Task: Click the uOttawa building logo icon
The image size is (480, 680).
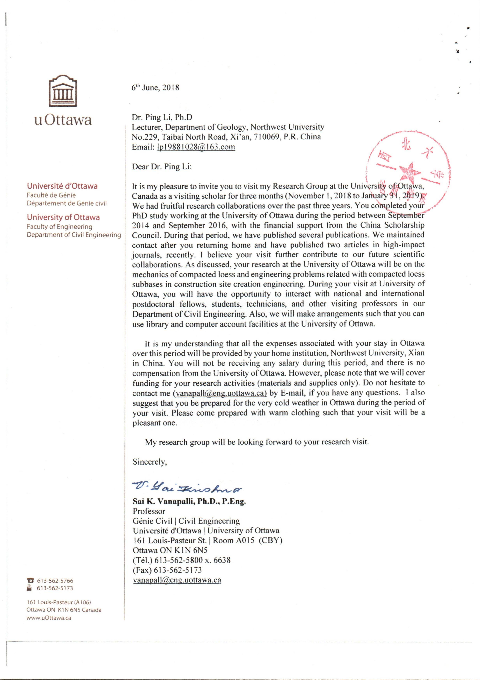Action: point(63,91)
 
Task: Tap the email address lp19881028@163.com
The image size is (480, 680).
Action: point(196,147)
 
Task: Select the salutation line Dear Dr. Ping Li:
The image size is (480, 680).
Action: point(161,167)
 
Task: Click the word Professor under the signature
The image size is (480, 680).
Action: point(149,511)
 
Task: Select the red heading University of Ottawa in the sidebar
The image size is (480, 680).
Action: point(63,217)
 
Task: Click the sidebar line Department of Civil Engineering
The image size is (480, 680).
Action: point(74,235)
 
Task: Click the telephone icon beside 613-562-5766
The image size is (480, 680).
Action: point(30,581)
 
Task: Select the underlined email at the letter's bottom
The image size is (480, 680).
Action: point(177,580)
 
